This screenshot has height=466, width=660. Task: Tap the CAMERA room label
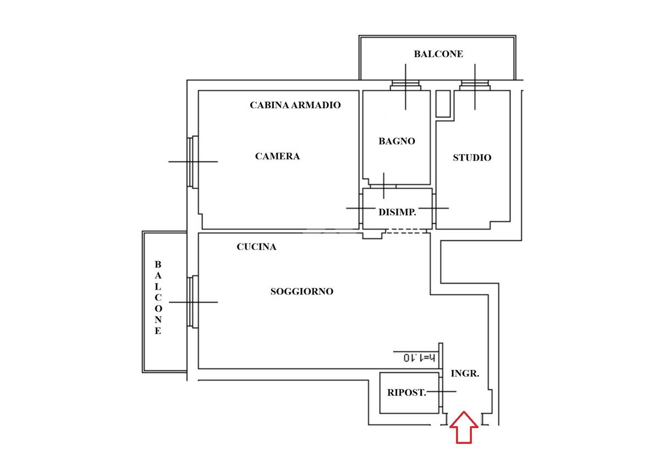click(277, 156)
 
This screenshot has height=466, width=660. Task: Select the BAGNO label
click(397, 141)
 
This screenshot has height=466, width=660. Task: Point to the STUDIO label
click(472, 158)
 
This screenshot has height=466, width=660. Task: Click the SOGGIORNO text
click(301, 291)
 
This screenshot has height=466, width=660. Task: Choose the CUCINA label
click(256, 247)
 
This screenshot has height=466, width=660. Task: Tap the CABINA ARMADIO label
click(295, 104)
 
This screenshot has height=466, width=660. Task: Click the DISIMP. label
click(397, 212)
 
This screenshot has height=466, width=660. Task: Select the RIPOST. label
click(406, 392)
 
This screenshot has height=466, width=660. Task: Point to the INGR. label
click(465, 373)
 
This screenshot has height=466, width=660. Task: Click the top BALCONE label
click(438, 54)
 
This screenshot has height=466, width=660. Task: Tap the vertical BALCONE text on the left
click(158, 297)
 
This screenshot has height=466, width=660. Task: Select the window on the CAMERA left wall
click(191, 162)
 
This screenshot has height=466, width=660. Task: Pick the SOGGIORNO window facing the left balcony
click(191, 302)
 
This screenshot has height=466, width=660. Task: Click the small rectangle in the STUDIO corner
click(443, 103)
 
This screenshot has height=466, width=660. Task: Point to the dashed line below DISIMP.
click(406, 232)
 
